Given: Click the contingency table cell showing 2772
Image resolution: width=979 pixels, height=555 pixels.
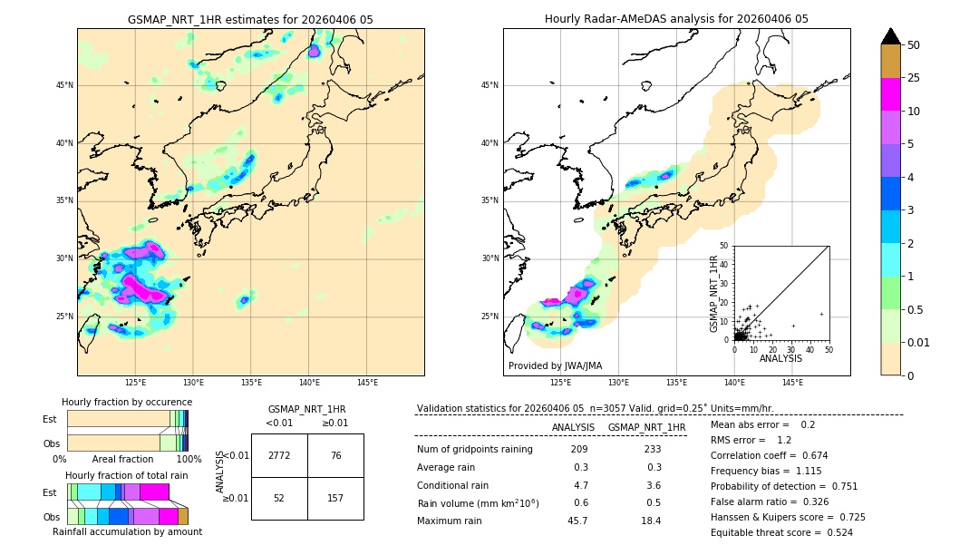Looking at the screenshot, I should coord(279,455).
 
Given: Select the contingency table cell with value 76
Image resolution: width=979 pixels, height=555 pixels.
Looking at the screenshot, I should coord(335,455).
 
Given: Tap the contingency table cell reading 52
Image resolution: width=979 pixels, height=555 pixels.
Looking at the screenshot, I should coord(279,498).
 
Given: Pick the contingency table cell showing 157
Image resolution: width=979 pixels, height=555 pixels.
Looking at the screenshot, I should coord(335,498).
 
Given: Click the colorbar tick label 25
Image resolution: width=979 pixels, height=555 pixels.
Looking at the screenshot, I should coord(914,79).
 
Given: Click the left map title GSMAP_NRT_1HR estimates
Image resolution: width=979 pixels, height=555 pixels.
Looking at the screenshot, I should coord(250,19).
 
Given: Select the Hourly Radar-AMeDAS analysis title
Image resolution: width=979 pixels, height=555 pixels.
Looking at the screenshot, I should coord(676,19).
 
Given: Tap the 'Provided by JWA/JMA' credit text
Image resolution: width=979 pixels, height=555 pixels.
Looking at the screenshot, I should coord(555,365).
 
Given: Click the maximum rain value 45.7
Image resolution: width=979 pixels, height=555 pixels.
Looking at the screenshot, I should coord(577,521).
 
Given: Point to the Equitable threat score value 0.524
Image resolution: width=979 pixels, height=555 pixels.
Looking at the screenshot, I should coord(834,532).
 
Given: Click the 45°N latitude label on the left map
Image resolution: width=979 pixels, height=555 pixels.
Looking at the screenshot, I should coord(64,85).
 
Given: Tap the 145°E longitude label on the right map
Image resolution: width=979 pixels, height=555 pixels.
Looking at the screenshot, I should coord(792,383).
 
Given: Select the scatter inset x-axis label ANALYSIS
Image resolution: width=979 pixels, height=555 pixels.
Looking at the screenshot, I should coord(780,358).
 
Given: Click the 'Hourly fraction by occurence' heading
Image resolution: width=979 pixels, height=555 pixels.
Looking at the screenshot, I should coord(127,402).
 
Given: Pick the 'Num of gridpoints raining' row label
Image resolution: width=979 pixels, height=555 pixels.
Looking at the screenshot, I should coord(475,450).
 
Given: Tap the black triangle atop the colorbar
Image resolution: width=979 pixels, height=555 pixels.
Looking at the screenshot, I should coord(891,36).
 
